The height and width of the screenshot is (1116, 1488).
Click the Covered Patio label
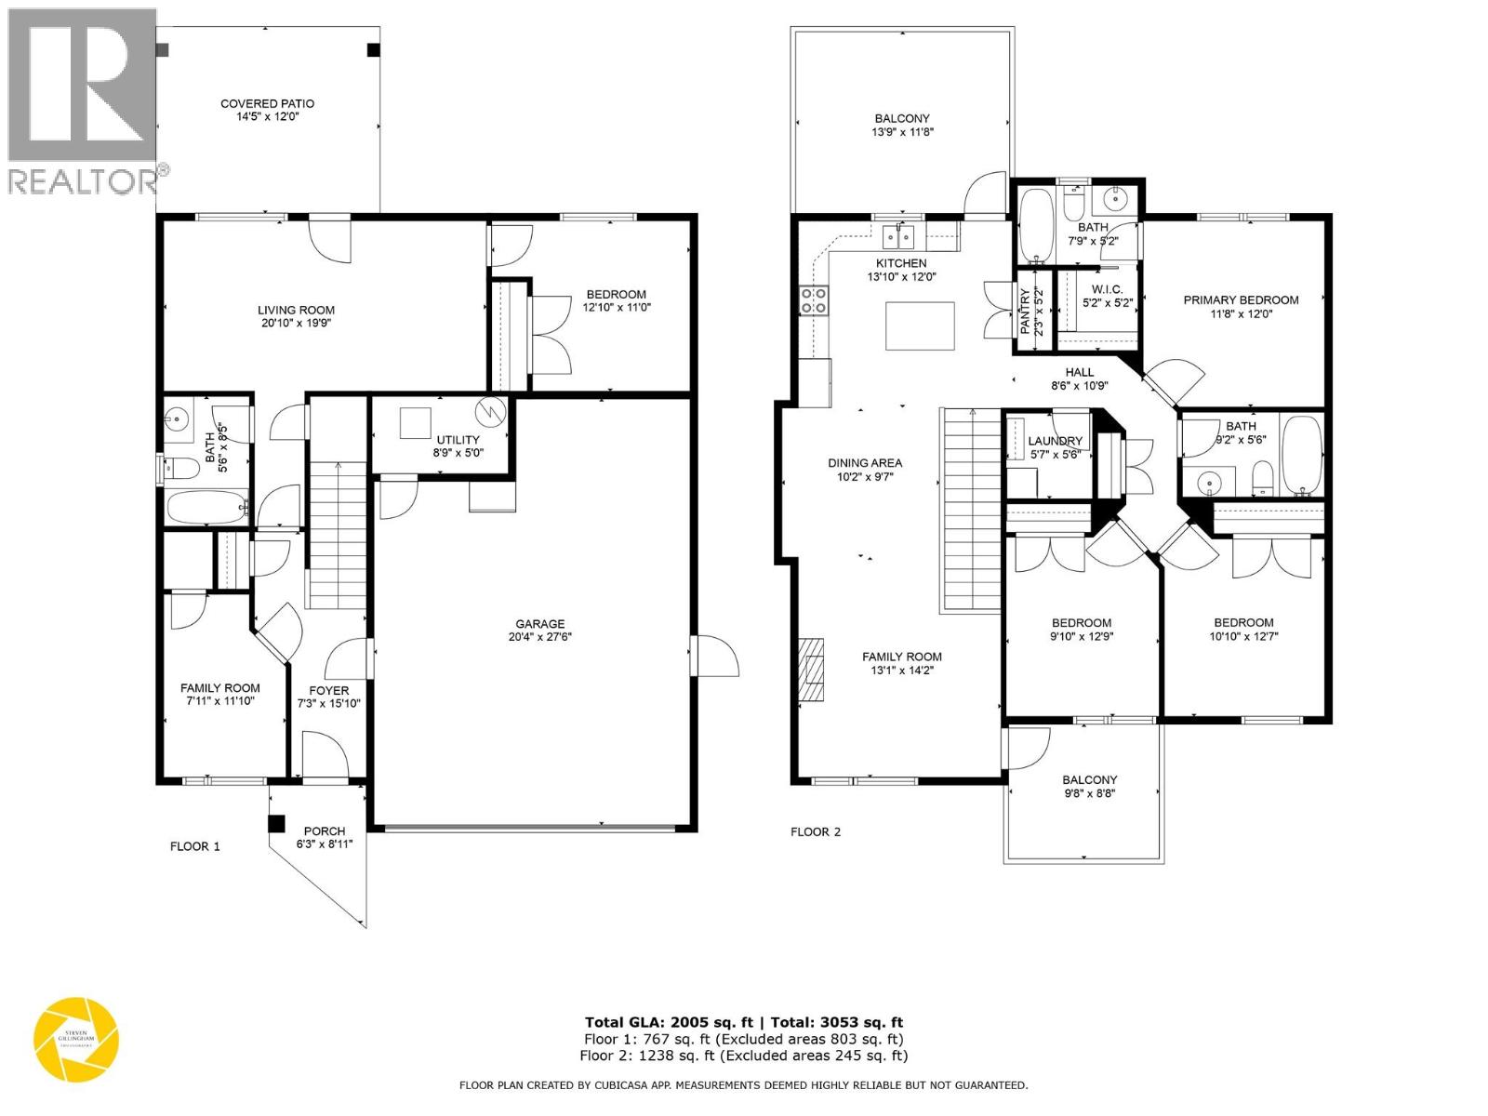[x=267, y=103]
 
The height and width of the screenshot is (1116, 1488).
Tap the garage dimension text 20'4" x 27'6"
[x=539, y=638]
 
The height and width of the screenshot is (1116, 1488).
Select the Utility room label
[x=458, y=440]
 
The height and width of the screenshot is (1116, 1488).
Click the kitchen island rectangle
[x=920, y=325]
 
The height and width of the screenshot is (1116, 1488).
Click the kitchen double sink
[x=899, y=236]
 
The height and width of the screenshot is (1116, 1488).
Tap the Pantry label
[x=1027, y=312]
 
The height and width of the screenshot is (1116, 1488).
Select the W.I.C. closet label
[x=1107, y=289]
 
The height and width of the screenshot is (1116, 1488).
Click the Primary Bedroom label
[x=1241, y=299]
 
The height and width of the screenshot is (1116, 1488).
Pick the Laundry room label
[x=1056, y=441]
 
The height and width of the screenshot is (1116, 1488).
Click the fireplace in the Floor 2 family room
[x=812, y=669]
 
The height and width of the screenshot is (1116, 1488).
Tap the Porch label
[x=324, y=830]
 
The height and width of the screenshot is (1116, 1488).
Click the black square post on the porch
[x=276, y=824]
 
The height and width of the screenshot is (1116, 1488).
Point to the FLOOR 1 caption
[x=195, y=846]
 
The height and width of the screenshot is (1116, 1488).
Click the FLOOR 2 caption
[x=816, y=831]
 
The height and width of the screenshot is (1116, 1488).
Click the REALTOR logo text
[x=84, y=180]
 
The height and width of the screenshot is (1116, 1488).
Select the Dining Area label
[x=865, y=462]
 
